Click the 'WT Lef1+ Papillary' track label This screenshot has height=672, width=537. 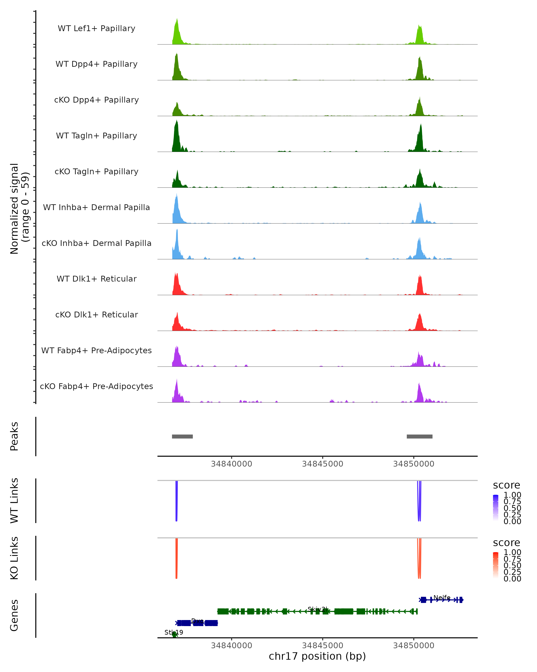coord(96,28)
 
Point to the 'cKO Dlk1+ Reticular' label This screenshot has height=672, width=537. coord(96,314)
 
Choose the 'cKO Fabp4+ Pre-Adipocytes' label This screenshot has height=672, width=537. coord(96,386)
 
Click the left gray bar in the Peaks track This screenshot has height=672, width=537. coord(182,436)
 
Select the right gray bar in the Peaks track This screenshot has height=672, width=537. coord(419,436)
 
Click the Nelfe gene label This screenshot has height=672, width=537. coord(442,597)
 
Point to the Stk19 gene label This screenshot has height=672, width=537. coord(174,632)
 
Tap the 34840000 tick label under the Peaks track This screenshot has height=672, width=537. coord(231,464)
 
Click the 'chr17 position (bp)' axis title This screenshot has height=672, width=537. coord(317,656)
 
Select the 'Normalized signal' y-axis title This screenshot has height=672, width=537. coord(14,209)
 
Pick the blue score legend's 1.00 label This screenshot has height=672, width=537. coord(512,495)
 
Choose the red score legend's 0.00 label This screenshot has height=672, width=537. coord(512,579)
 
